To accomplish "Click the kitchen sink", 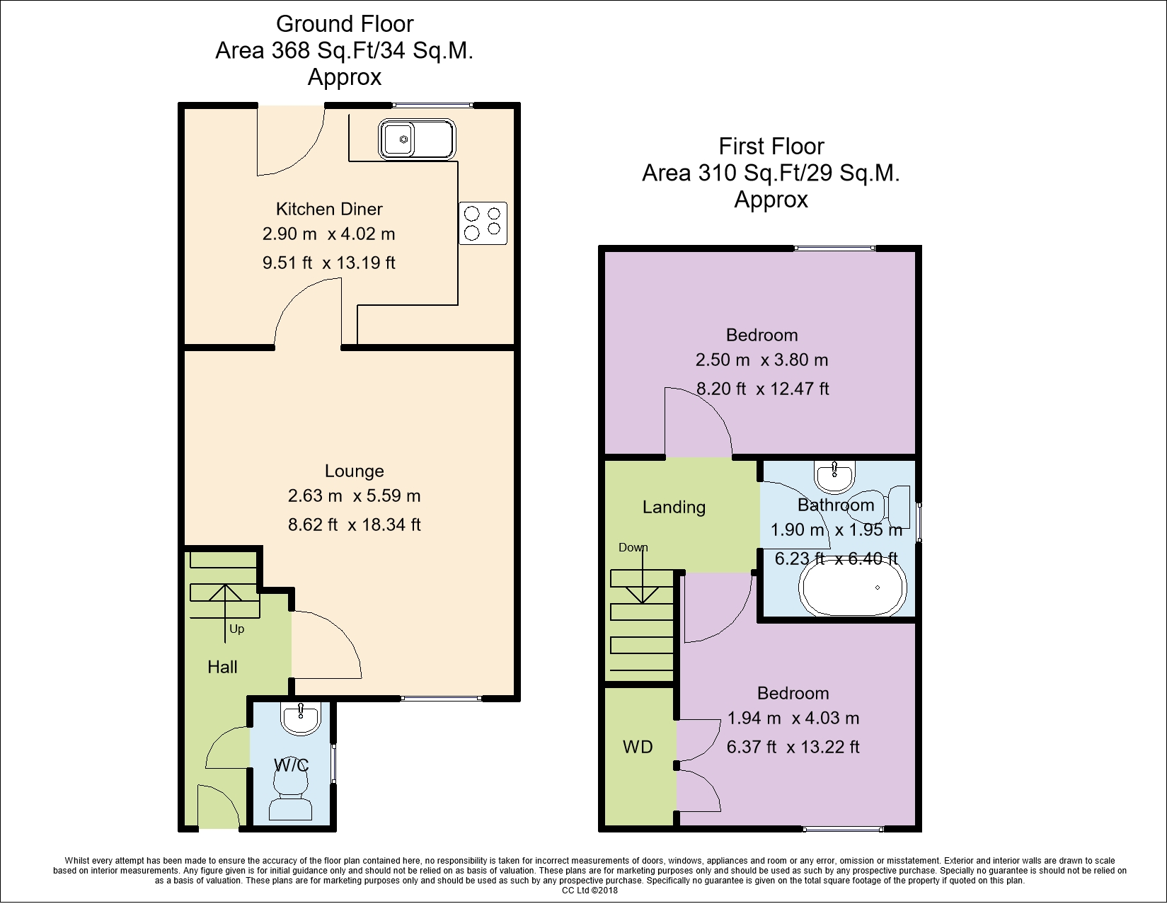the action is click(417, 139).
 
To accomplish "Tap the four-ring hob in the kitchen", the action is click(483, 223).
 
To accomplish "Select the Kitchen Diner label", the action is click(329, 209).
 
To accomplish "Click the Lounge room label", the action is click(355, 471).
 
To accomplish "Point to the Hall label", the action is click(222, 667).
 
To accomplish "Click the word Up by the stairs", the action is click(237, 629).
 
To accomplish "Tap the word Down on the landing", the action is click(633, 547).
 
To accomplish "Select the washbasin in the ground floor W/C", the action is click(301, 718).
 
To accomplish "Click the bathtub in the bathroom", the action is click(852, 588).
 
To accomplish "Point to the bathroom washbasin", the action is click(834, 476).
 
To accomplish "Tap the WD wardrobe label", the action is click(638, 747).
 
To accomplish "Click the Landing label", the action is click(674, 507).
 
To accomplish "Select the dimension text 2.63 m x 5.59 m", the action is click(355, 496).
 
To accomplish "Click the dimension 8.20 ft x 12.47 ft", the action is click(763, 388).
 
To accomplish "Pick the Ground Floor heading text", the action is click(345, 24).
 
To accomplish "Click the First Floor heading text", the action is click(771, 146).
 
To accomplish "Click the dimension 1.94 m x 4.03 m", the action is click(793, 718).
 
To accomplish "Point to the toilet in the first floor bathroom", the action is click(881, 507).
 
